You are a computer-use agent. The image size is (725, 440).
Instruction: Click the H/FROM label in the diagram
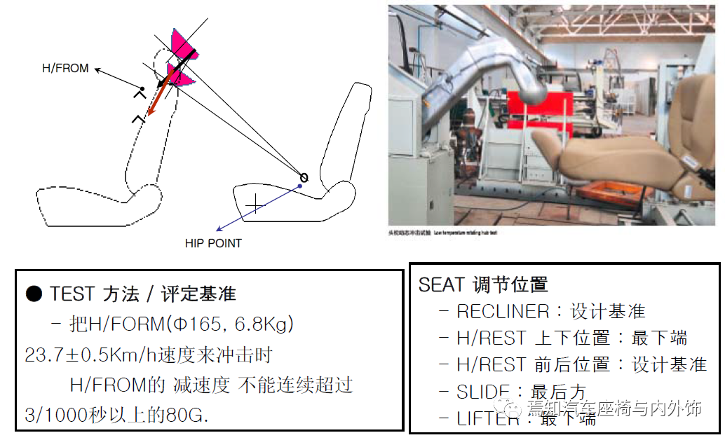[65, 69]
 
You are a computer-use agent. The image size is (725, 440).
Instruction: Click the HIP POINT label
[213, 243]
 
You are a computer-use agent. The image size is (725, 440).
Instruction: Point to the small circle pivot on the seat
[304, 177]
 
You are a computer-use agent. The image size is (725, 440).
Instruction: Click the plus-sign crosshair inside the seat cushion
[255, 204]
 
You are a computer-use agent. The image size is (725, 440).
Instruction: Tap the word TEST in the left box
[73, 294]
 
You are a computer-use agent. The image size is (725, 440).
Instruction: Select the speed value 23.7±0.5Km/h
[95, 355]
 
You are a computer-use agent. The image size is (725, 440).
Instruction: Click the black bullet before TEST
[34, 294]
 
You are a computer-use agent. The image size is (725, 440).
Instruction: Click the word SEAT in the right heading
[441, 284]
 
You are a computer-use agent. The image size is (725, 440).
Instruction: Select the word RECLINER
[503, 311]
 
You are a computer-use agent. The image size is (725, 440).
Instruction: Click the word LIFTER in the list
[488, 418]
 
